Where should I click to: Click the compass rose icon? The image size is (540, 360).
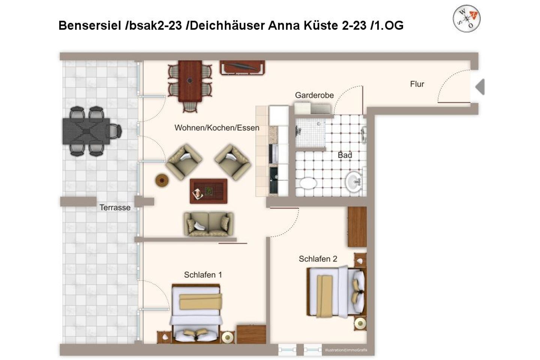pos(466,18)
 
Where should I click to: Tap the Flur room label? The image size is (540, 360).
pos(417,84)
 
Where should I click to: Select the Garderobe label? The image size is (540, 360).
pos(314,95)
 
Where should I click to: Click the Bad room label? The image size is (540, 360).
pos(345,155)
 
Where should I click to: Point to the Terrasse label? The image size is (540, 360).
pos(115,207)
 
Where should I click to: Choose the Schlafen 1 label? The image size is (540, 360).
pos(203,275)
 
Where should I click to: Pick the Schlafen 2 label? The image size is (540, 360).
pos(318,259)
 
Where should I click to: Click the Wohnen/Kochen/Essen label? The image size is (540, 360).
pos(217,128)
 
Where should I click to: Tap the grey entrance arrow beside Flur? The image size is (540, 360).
pos(480,87)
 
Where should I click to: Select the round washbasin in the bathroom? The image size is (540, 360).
pos(354,181)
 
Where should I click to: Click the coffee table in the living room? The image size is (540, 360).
pos(208,191)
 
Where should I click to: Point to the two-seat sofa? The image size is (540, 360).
pos(208,224)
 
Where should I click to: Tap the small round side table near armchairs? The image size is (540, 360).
pos(162,180)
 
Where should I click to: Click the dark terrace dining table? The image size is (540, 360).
pos(86,131)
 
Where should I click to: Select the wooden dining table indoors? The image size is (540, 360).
pos(190,81)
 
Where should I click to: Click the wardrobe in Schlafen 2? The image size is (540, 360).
pos(357,226)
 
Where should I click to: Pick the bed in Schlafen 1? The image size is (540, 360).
pos(196,313)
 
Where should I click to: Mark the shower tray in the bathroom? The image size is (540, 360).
pos(310,133)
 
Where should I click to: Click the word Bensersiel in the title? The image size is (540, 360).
pos(90,25)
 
